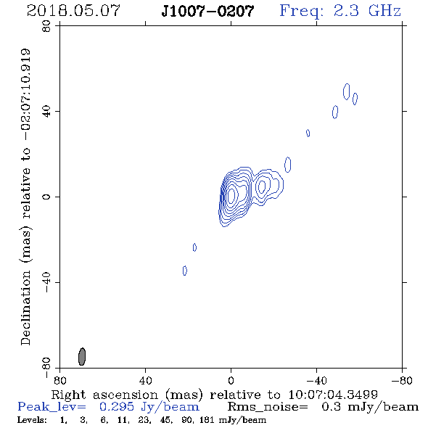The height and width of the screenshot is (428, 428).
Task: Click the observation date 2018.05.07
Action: (x=73, y=11)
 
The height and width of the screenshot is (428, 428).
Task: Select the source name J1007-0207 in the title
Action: (x=207, y=11)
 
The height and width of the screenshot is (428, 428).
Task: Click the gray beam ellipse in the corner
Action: (x=82, y=356)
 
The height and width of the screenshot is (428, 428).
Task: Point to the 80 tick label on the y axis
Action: (x=46, y=26)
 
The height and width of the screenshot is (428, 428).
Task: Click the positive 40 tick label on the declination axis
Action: (x=46, y=112)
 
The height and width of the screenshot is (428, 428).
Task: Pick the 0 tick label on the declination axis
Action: (x=46, y=197)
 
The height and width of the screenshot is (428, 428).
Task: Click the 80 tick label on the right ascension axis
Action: (x=59, y=381)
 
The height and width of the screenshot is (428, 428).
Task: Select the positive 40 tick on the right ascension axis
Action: (x=145, y=381)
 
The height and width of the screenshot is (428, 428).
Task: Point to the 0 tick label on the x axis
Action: (x=231, y=381)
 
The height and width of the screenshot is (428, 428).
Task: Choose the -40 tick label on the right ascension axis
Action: (x=316, y=381)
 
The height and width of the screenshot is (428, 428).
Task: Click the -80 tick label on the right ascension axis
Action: (x=402, y=381)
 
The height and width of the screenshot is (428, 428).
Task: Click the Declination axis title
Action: (x=25, y=197)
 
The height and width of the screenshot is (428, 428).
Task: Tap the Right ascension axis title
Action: (x=214, y=395)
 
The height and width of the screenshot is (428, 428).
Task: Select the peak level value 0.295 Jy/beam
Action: (x=149, y=407)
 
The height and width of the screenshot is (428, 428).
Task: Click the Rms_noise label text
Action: (x=268, y=407)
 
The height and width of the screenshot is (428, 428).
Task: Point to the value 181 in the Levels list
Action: (x=207, y=420)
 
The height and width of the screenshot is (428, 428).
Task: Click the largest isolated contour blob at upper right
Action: (x=346, y=91)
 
